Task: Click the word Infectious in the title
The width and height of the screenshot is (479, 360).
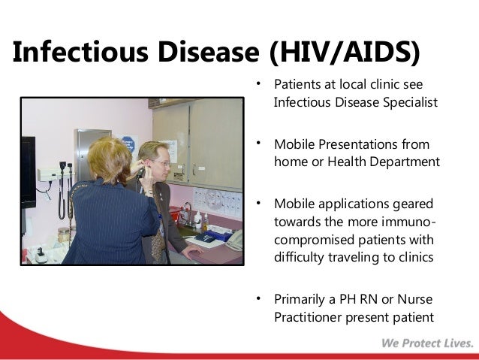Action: pyautogui.click(x=80, y=51)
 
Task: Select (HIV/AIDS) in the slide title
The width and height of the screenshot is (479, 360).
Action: pyautogui.click(x=345, y=53)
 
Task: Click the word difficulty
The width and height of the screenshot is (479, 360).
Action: pyautogui.click(x=299, y=257)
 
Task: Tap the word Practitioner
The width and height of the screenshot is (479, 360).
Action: pyautogui.click(x=308, y=317)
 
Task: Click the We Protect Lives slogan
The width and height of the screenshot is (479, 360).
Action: pyautogui.click(x=427, y=343)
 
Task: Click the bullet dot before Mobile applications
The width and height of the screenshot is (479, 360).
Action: pyautogui.click(x=258, y=203)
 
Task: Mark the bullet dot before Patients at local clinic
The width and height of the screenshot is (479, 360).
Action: pyautogui.click(x=258, y=83)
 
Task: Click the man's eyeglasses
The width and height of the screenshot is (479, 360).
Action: pyautogui.click(x=162, y=162)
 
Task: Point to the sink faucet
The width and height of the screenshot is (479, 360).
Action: pyautogui.click(x=188, y=215)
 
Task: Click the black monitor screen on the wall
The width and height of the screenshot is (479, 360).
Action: pyautogui.click(x=28, y=172)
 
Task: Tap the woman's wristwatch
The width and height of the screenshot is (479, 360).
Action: pyautogui.click(x=149, y=192)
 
